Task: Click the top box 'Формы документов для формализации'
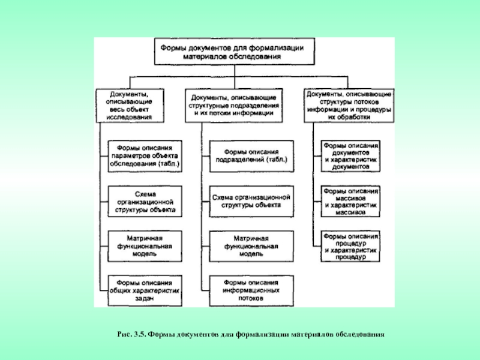234,52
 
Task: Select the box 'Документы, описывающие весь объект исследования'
130,106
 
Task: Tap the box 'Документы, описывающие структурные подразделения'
233,106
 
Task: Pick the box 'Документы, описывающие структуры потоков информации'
349,106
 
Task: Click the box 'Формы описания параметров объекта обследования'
145,156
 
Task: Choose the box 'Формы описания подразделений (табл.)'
251,156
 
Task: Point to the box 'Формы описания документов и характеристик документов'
350,156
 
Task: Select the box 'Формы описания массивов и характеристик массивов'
350,202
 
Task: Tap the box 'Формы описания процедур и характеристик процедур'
350,247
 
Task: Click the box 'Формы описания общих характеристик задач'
145,291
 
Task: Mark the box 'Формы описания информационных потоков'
251,291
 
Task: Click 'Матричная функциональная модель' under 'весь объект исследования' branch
145,247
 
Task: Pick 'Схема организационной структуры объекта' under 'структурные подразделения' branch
251,202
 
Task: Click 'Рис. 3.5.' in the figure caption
131,334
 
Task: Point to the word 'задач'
144,298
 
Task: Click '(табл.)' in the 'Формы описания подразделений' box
277,160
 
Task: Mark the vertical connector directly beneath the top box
235,77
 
